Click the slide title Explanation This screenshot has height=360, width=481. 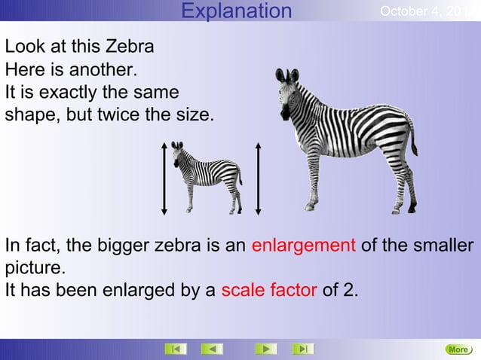(237, 11)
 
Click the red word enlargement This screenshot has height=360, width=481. (303, 246)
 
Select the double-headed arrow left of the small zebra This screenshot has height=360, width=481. (164, 178)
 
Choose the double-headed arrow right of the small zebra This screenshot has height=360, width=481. (258, 178)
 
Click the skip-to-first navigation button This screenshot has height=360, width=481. (176, 349)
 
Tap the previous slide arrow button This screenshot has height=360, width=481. (212, 349)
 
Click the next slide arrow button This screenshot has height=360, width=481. (265, 349)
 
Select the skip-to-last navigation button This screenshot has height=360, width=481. (302, 349)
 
